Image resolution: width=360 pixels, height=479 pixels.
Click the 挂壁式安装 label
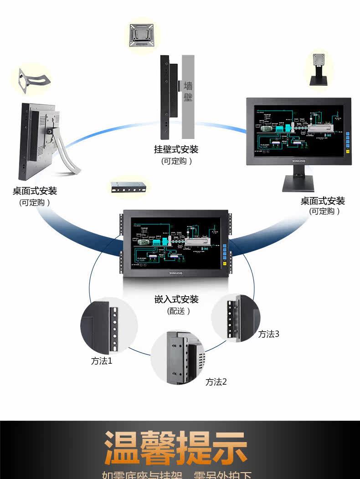(x=176, y=149)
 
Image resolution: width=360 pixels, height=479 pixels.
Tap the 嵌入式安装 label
(x=176, y=299)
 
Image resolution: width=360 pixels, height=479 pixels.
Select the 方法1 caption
(x=101, y=361)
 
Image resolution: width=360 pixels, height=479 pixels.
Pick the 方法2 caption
(x=216, y=382)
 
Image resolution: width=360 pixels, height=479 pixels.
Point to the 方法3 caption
(x=268, y=334)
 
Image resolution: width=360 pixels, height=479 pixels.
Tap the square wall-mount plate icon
(x=141, y=35)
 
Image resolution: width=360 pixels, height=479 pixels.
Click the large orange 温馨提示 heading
(x=176, y=447)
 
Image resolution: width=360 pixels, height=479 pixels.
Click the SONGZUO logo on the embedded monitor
(x=173, y=273)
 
